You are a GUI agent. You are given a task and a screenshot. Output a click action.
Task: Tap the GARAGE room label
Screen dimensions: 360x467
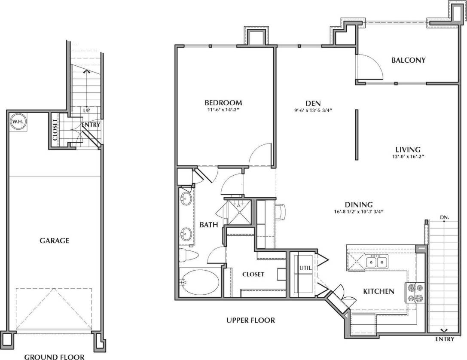[x=54, y=241]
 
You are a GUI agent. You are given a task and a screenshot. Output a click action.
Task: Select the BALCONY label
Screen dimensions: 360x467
[x=408, y=60]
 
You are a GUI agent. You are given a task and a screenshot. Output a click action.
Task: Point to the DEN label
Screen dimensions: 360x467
[x=311, y=103]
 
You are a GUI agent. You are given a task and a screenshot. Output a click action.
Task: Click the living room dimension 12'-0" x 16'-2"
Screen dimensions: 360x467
[x=408, y=157]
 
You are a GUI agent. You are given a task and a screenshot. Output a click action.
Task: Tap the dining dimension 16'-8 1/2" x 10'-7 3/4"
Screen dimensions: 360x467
[x=358, y=211]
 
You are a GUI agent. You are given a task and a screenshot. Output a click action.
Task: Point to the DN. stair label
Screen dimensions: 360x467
[x=444, y=217]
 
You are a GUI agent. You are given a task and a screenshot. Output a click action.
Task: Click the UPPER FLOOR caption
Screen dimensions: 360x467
[x=250, y=320]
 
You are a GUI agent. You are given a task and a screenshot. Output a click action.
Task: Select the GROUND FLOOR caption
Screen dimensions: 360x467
[x=54, y=356]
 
